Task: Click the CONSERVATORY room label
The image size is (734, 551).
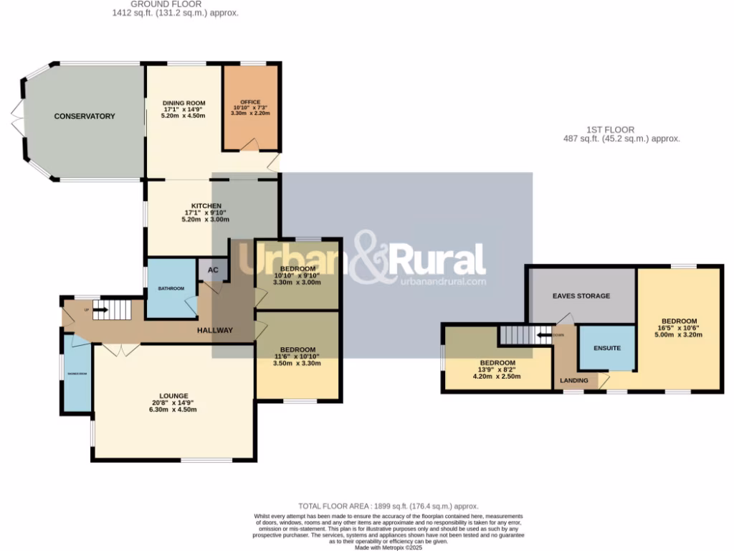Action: [x=85, y=116]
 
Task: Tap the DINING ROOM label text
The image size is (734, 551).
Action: [x=183, y=103]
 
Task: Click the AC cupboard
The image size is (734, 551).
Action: [x=212, y=270]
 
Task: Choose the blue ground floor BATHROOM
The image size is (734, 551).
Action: [x=171, y=288]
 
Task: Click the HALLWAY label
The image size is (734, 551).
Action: [x=215, y=331]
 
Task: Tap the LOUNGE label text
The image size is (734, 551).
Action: [x=174, y=396]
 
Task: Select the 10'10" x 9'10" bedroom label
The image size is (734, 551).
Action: [x=297, y=269]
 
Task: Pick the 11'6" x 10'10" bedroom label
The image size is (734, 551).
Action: [x=297, y=350]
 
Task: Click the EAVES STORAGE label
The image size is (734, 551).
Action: [x=581, y=296]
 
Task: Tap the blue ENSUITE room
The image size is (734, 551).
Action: [x=606, y=348]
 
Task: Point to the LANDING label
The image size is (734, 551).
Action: [x=574, y=380]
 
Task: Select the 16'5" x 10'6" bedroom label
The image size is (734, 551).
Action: [x=678, y=321]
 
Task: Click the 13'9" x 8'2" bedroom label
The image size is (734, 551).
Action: [x=497, y=363]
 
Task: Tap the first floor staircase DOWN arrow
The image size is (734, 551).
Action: [x=544, y=334]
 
